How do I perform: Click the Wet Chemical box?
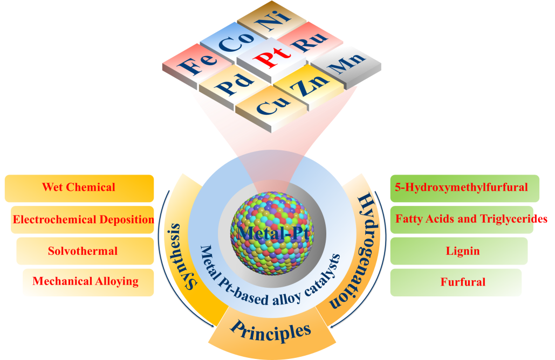coord(79,188)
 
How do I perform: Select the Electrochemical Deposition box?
coord(83,219)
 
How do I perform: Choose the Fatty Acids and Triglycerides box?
coord(464,219)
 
